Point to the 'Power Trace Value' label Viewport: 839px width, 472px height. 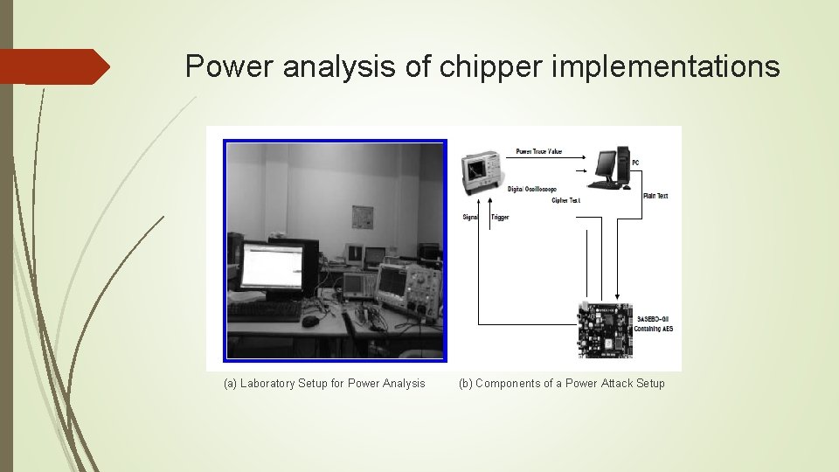pyautogui.click(x=539, y=152)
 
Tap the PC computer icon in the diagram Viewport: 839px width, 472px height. pyautogui.click(x=608, y=169)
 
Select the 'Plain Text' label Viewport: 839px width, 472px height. pyautogui.click(x=655, y=196)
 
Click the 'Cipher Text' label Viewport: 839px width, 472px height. pyautogui.click(x=565, y=200)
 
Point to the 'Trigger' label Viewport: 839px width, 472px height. pyautogui.click(x=500, y=217)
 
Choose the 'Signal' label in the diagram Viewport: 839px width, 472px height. pyautogui.click(x=471, y=217)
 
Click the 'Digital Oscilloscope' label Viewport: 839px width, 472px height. pyautogui.click(x=531, y=190)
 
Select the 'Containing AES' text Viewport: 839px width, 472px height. pyautogui.click(x=655, y=329)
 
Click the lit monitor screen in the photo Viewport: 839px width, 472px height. pyautogui.click(x=272, y=266)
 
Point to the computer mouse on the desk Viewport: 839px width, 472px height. pyautogui.click(x=310, y=321)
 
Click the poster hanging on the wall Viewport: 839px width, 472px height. pyautogui.click(x=362, y=217)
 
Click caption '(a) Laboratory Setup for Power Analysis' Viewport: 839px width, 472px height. pyautogui.click(x=324, y=383)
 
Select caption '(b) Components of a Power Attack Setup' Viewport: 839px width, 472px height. pyautogui.click(x=561, y=383)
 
